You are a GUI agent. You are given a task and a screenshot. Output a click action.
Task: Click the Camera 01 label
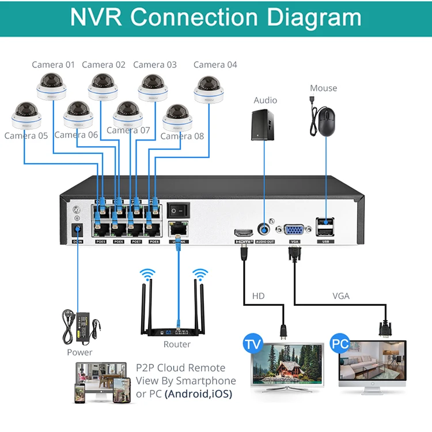tap(53, 65)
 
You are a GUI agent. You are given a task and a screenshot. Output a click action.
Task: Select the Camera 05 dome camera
tap(26, 116)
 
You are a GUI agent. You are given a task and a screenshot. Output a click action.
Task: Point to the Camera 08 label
tap(182, 137)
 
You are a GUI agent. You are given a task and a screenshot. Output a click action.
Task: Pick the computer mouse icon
tap(327, 122)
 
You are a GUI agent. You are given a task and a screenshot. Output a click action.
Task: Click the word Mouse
tap(323, 88)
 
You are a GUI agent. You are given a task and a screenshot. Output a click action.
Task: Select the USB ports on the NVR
tap(325, 226)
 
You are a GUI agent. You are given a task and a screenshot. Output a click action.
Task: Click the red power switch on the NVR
tap(178, 210)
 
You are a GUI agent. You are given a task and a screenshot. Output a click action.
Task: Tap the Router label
tap(177, 344)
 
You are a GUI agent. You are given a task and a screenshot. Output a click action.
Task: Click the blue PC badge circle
tap(341, 344)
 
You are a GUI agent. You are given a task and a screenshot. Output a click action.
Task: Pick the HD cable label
tap(259, 297)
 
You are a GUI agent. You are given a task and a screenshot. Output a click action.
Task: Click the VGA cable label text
tap(341, 297)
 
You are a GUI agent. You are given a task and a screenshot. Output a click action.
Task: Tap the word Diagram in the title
tap(314, 18)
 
